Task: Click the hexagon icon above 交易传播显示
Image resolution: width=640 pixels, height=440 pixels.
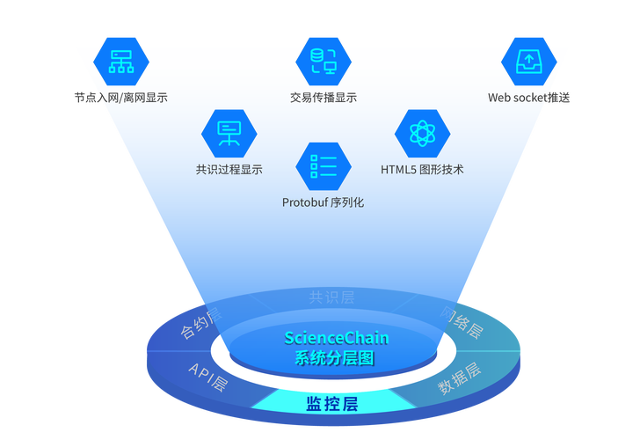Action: [324, 61]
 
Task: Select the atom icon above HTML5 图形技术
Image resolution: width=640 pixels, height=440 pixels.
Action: [422, 133]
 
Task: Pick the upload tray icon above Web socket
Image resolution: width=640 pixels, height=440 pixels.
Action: [528, 61]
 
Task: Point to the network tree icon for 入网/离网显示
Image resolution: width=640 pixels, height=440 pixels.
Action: [120, 61]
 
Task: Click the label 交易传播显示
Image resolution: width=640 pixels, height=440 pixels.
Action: [324, 98]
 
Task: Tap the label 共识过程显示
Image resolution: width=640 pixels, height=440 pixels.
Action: [229, 169]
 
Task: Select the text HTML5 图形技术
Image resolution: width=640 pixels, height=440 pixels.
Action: [422, 169]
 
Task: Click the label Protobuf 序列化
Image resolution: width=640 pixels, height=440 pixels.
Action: [323, 202]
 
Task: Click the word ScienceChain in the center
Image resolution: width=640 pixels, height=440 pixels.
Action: [336, 338]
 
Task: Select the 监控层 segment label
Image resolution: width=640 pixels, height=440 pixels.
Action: [331, 404]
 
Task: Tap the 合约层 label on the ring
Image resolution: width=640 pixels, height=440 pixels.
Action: [201, 324]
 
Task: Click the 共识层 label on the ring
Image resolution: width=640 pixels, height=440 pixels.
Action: [331, 297]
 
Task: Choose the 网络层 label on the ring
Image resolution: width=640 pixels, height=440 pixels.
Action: [462, 324]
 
